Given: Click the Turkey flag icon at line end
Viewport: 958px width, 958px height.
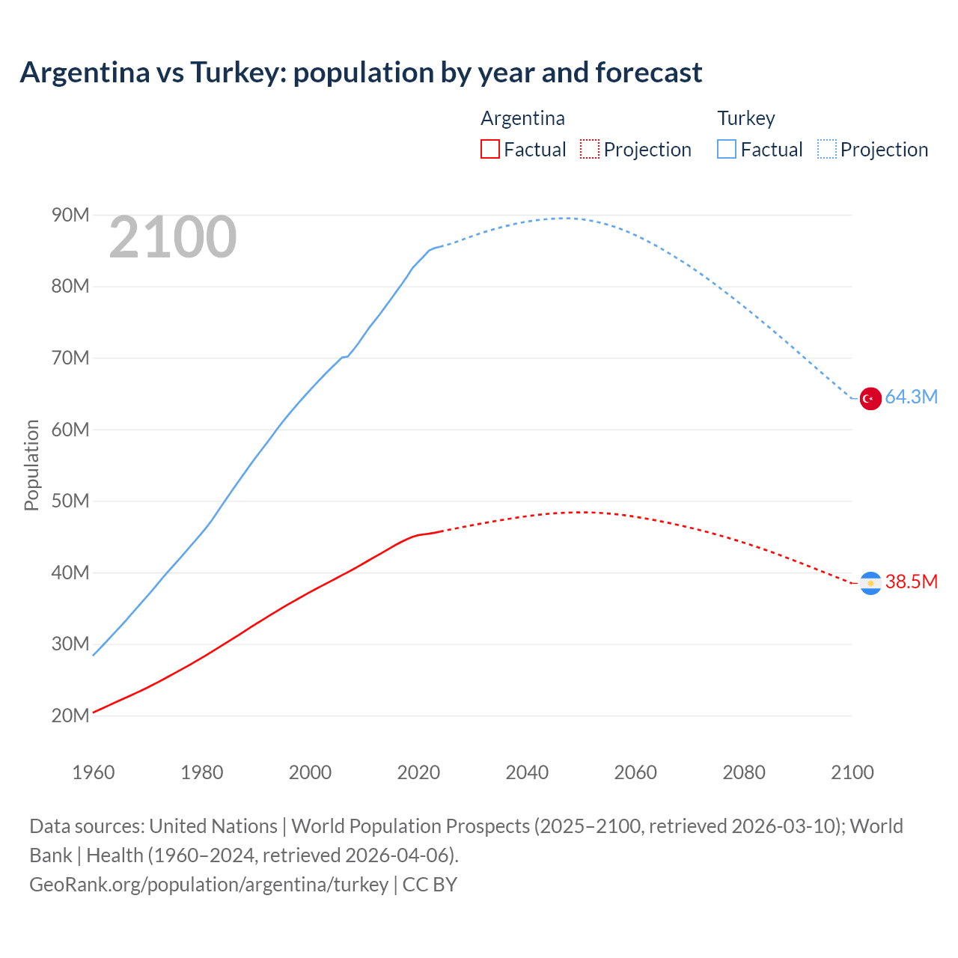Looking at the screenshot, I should pos(870,399).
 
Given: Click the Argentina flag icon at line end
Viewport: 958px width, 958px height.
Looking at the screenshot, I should pos(870,583).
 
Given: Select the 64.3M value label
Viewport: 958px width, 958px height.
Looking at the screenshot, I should pos(911,397).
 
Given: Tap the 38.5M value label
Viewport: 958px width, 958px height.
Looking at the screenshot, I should pos(911,582).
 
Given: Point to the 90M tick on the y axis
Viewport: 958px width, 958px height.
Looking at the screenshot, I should pos(70,216).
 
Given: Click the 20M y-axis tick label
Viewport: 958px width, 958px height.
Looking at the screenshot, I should pos(70,716).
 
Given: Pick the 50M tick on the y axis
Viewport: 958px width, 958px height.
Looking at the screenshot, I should pos(70,501).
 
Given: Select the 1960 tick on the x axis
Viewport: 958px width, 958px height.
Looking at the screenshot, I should pos(94,772).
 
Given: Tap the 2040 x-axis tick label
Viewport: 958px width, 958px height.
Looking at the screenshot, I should pos(527,772).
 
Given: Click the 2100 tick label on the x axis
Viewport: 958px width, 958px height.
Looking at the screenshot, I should pos(852,772).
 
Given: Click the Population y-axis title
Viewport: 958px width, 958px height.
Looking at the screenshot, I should pos(31,465).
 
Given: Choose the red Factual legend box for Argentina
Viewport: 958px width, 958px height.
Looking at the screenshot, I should pos(490,149).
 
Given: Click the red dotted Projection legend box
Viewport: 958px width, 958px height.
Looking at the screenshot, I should pos(590,149).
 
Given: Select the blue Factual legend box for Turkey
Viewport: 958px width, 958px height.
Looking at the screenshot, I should pos(727,149).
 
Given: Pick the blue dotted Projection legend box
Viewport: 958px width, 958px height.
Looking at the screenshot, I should pos(827,149).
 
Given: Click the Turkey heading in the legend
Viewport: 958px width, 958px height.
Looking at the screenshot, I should pos(746,118).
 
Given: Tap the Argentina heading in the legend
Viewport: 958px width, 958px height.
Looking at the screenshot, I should pos(522,118).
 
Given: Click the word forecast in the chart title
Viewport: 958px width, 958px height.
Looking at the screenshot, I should pos(648,73).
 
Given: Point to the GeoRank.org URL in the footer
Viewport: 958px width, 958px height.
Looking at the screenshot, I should pos(209,885).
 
